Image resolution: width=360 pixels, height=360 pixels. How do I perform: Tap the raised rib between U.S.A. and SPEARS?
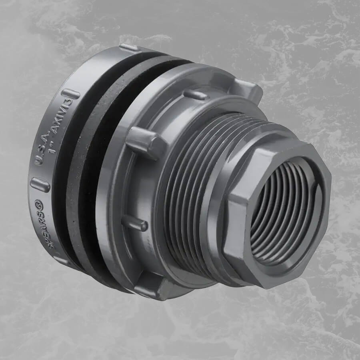coord(40,185)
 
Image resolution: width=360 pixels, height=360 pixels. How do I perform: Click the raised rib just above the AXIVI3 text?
coord(70,94)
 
